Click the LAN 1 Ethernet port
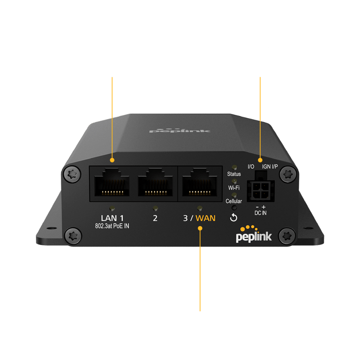click(112, 182)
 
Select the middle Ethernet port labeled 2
click(155, 182)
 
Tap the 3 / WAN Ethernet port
click(200, 182)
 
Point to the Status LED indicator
click(234, 167)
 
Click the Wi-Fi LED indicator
click(234, 181)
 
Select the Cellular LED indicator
click(234, 195)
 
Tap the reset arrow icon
click(234, 217)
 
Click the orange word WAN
click(205, 218)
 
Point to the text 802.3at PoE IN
click(112, 226)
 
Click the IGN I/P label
click(270, 167)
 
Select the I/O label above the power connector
click(251, 167)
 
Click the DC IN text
click(261, 213)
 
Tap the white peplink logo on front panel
click(254, 235)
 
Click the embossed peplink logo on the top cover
click(180, 130)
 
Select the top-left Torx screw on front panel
click(72, 174)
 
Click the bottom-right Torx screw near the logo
click(287, 236)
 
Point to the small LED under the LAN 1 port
click(112, 208)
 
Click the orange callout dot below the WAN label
click(200, 228)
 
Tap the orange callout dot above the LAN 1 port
click(112, 160)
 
